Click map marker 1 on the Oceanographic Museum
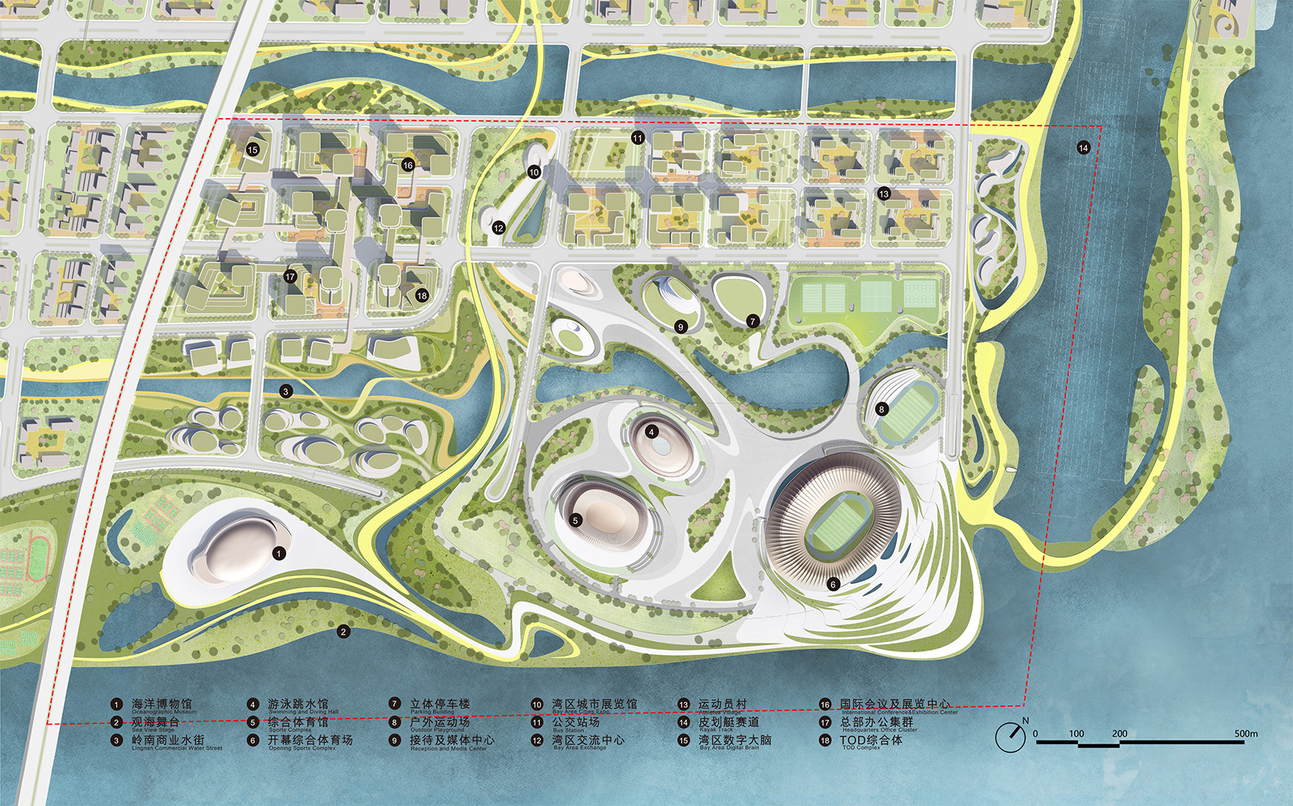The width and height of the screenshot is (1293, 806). [279, 553]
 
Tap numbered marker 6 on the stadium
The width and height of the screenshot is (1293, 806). [833, 585]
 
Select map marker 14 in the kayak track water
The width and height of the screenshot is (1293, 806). [1083, 148]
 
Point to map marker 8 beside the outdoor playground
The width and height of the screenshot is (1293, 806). [882, 409]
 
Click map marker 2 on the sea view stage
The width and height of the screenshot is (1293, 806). [343, 632]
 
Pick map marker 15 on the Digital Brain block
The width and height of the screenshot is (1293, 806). [253, 150]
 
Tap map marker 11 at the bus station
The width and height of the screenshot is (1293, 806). [637, 138]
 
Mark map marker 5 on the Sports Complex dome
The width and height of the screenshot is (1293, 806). [575, 521]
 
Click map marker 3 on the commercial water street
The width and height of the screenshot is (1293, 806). [286, 391]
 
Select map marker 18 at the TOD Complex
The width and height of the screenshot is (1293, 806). [421, 295]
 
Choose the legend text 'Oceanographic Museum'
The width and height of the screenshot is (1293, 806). [164, 712]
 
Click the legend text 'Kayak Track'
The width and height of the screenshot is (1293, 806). [716, 730]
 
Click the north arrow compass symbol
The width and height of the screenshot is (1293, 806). [1012, 735]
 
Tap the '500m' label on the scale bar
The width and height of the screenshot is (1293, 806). [1246, 734]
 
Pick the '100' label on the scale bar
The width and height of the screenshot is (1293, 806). [1076, 734]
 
